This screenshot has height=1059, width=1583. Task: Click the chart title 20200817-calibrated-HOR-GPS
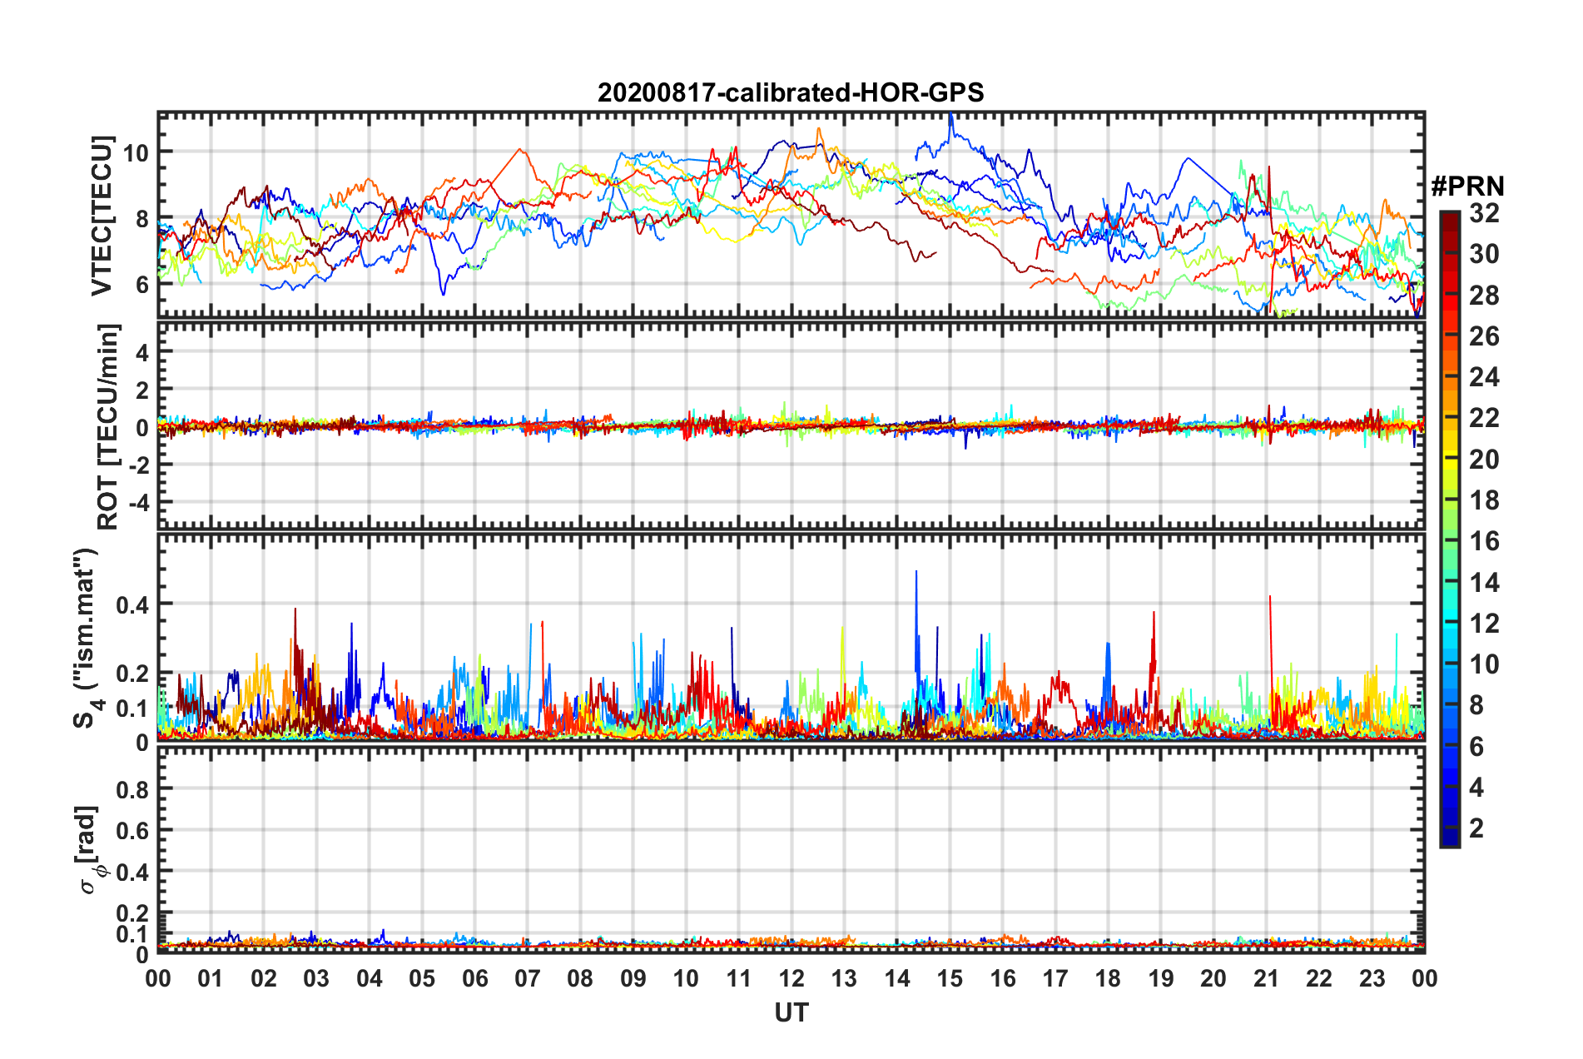(791, 92)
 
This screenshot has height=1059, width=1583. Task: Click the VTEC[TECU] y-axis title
(102, 216)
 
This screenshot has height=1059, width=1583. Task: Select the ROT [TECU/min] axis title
(108, 427)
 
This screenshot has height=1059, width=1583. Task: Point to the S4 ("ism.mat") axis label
(86, 639)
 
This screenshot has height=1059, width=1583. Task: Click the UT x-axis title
(791, 1012)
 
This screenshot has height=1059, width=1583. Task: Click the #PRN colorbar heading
(1467, 186)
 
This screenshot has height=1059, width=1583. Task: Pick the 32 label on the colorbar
(1484, 213)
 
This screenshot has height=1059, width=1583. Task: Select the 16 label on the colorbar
(1484, 541)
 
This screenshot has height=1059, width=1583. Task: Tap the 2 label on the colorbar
(1476, 828)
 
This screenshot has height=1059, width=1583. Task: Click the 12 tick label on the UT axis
(791, 978)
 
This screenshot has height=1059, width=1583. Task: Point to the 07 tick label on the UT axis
(528, 978)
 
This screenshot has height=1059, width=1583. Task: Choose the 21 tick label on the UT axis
(1266, 978)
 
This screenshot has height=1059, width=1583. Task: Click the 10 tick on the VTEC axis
(136, 152)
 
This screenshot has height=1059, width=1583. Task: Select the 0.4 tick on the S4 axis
(132, 604)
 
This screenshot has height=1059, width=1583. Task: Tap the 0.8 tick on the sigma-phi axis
(132, 789)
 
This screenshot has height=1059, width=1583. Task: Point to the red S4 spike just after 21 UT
(1270, 598)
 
